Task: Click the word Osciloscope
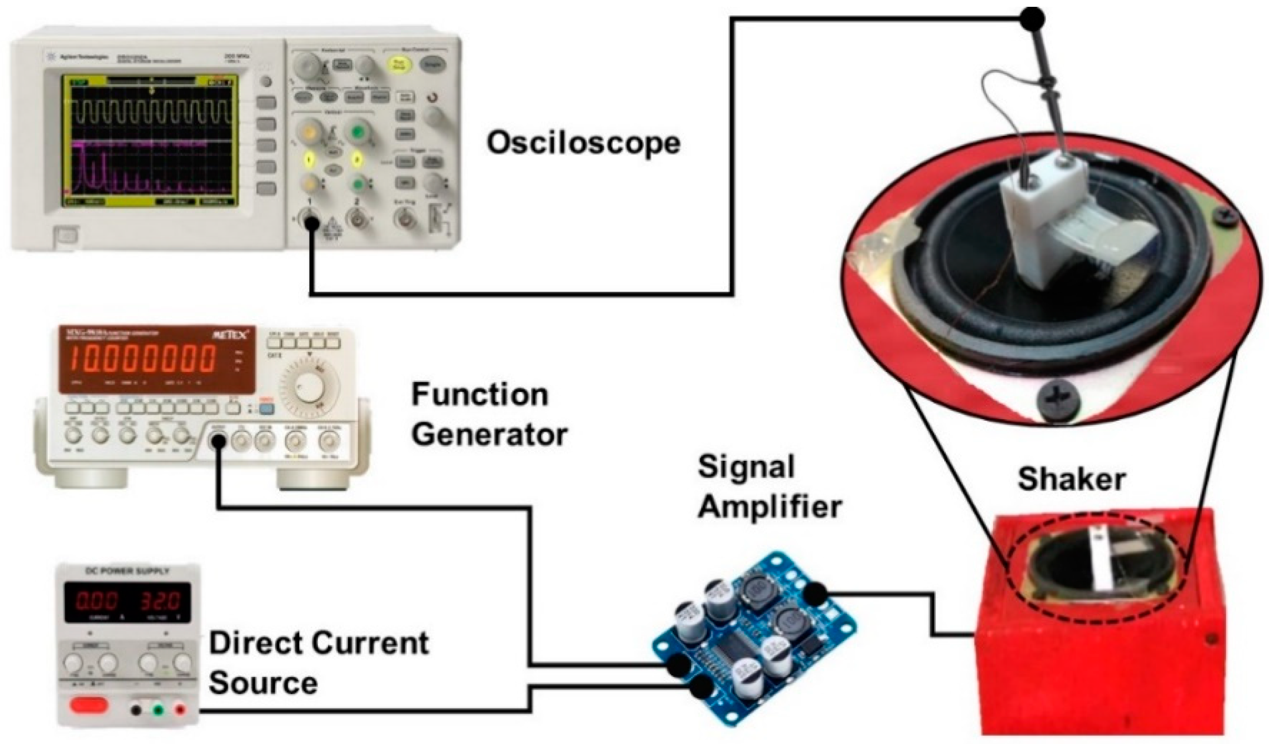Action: click(x=584, y=143)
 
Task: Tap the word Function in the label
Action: click(x=480, y=395)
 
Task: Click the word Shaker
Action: click(x=1072, y=479)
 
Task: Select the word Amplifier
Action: click(x=770, y=507)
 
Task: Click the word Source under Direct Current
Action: click(x=263, y=683)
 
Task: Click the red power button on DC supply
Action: click(x=89, y=705)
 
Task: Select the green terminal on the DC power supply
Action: click(x=157, y=710)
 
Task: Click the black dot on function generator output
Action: click(x=218, y=442)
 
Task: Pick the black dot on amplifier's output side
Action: click(x=815, y=594)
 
